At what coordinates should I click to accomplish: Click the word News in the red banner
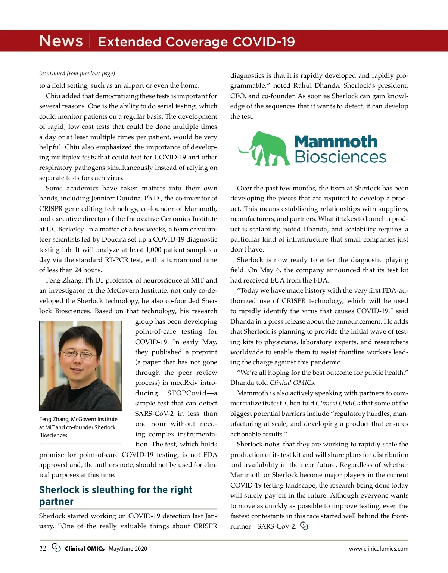point(61,41)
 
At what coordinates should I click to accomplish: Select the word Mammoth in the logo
point(336,142)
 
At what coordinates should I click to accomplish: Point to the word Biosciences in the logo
point(340,157)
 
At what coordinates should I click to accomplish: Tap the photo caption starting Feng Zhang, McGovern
point(78,427)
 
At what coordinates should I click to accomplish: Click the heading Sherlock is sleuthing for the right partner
point(116,495)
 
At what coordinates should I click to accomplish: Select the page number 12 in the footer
point(43,548)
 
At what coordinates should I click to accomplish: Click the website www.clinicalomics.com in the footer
point(379,549)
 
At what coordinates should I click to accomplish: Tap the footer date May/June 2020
point(128,549)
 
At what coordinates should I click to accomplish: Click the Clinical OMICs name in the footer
point(84,549)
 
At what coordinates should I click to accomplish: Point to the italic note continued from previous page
point(77,74)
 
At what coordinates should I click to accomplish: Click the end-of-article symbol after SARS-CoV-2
point(304,526)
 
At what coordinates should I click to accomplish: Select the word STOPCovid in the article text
point(187,393)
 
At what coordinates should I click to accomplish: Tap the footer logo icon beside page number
point(56,548)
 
